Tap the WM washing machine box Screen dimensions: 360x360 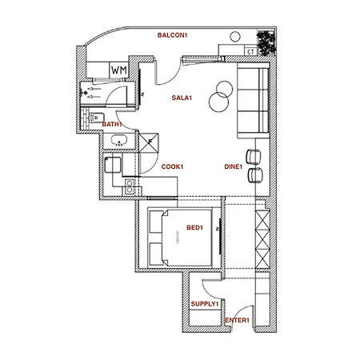coord(118,70)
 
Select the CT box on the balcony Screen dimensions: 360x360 coord(250,51)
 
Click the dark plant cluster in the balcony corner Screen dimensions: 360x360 coord(265,39)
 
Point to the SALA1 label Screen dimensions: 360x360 coord(182,98)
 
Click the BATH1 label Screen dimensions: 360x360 coord(112,124)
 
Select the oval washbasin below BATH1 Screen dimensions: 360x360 coord(120,142)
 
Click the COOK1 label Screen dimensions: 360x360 coord(173,166)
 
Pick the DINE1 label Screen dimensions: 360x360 coord(234,166)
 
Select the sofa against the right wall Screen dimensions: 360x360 coord(253,100)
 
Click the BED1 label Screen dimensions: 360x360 coord(194,228)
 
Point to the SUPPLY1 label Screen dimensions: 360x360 coord(205,304)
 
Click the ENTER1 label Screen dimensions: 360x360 coord(238,321)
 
